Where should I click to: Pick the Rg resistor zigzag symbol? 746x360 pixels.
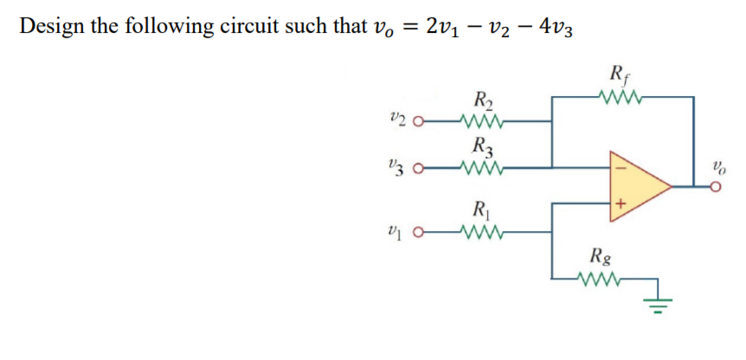click(x=598, y=278)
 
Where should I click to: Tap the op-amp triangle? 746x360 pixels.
click(x=636, y=183)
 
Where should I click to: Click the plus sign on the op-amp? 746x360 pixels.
click(x=620, y=205)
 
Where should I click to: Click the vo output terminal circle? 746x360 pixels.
click(x=715, y=184)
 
